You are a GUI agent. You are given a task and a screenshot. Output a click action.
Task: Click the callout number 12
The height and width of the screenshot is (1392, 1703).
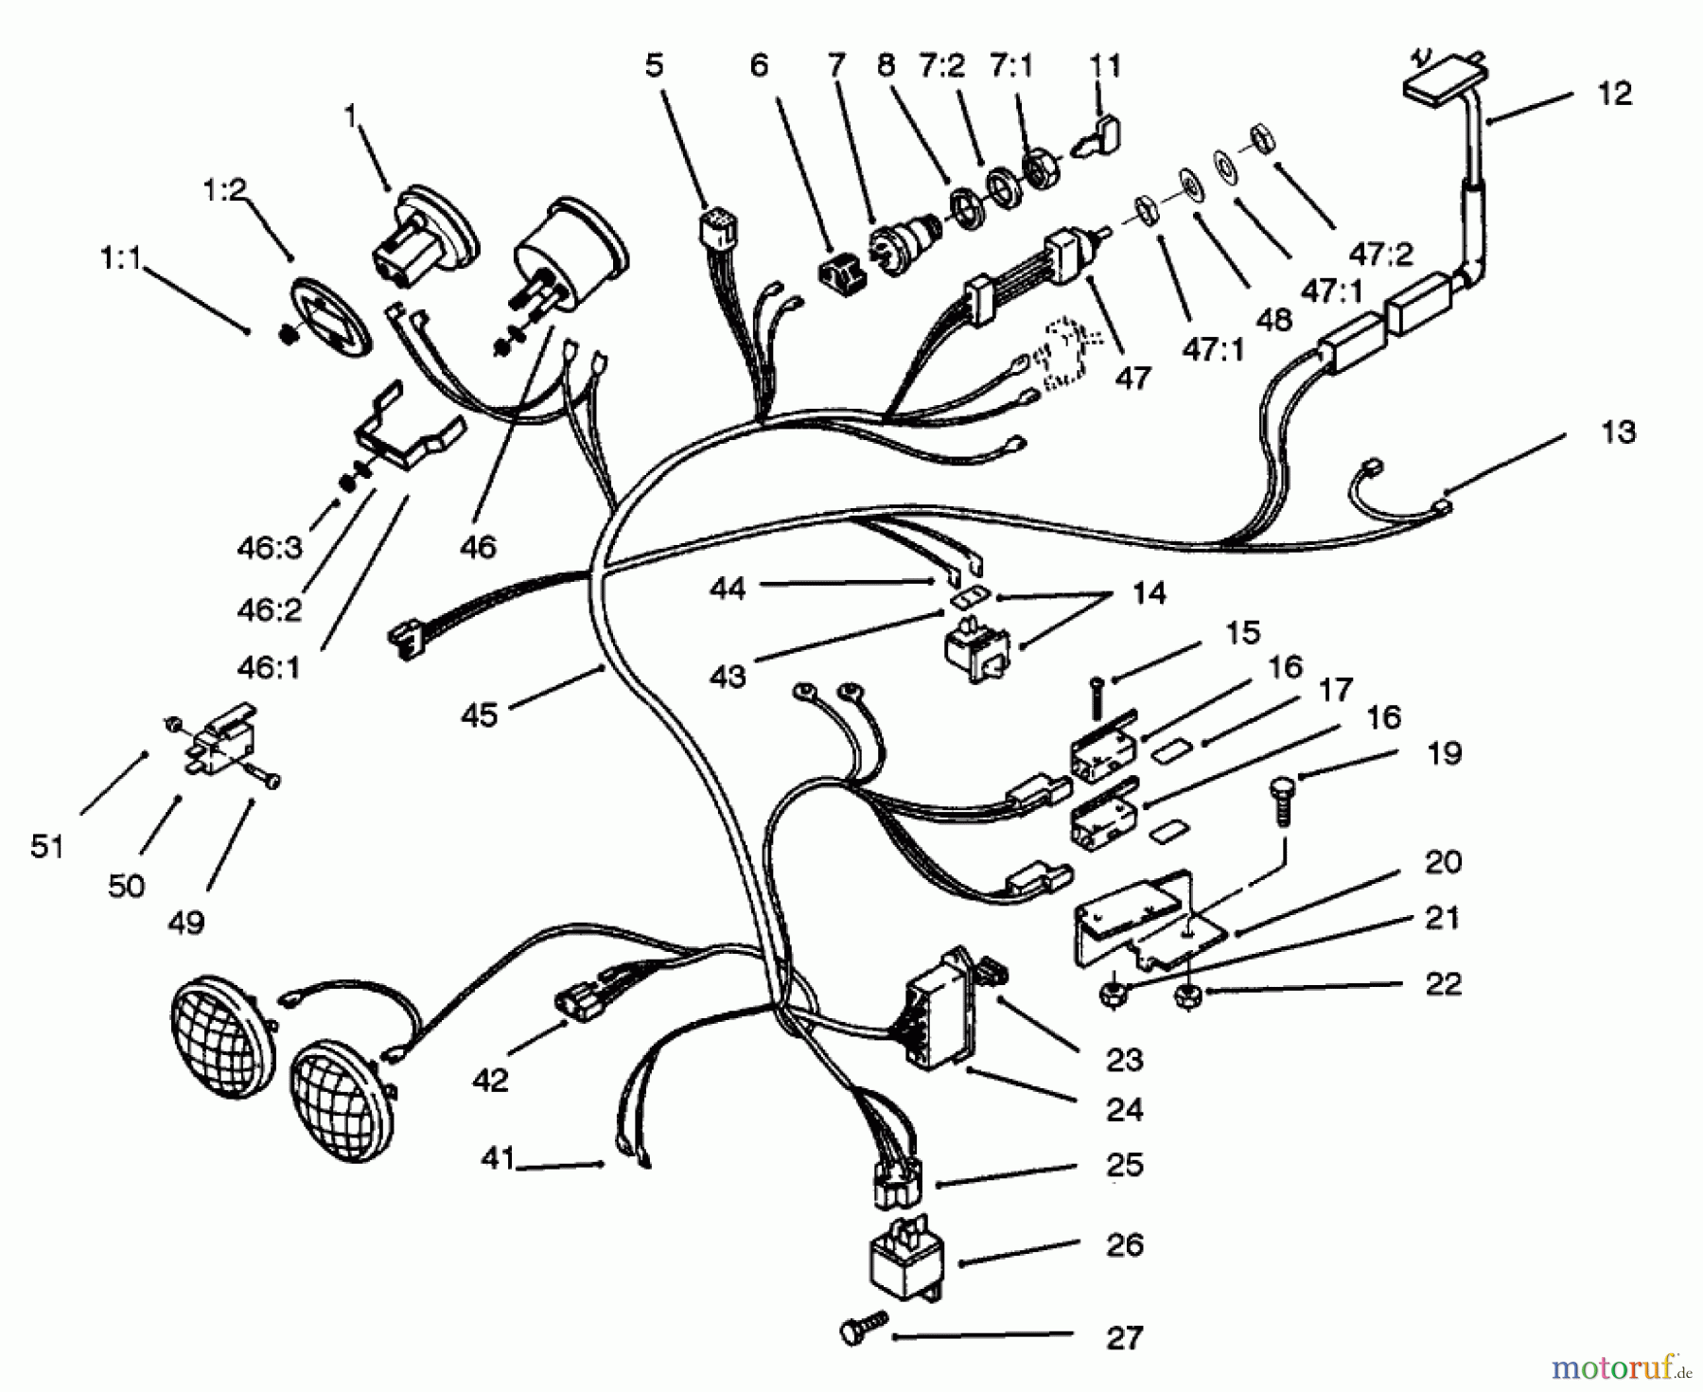(x=1617, y=94)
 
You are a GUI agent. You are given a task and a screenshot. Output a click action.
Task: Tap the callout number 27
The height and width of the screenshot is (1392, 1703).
(x=1125, y=1337)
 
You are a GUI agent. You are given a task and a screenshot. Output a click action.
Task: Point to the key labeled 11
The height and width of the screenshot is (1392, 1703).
(x=1097, y=132)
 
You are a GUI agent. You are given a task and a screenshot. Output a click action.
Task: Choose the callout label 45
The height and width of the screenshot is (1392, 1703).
(x=479, y=715)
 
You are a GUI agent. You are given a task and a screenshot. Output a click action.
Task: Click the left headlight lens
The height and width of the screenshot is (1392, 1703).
(x=221, y=1037)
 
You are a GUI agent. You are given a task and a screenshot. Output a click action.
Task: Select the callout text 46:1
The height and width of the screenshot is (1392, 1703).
(x=269, y=668)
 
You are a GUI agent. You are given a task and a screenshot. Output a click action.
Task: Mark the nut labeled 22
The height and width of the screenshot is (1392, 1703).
(x=1186, y=996)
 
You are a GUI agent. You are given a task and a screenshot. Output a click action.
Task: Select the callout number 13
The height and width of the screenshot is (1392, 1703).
(x=1619, y=432)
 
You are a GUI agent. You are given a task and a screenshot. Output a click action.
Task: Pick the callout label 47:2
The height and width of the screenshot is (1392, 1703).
(x=1382, y=255)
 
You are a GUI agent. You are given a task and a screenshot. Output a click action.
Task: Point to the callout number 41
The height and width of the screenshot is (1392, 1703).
(x=497, y=1157)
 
